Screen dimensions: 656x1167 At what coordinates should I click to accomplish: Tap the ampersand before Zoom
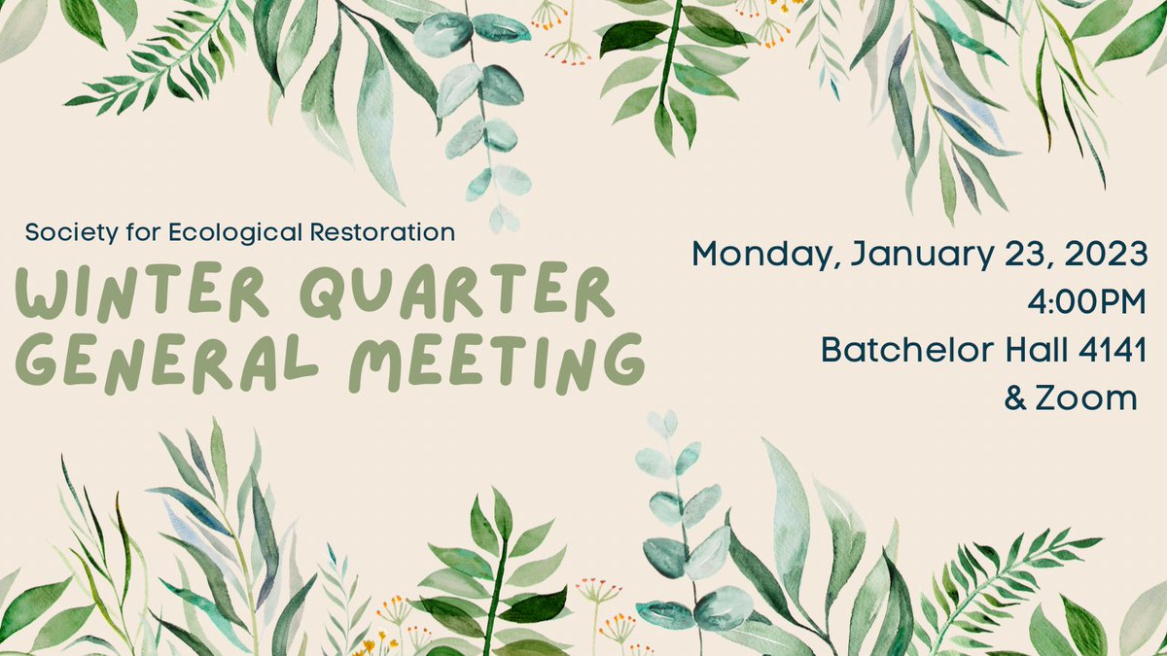pyautogui.click(x=1015, y=397)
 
